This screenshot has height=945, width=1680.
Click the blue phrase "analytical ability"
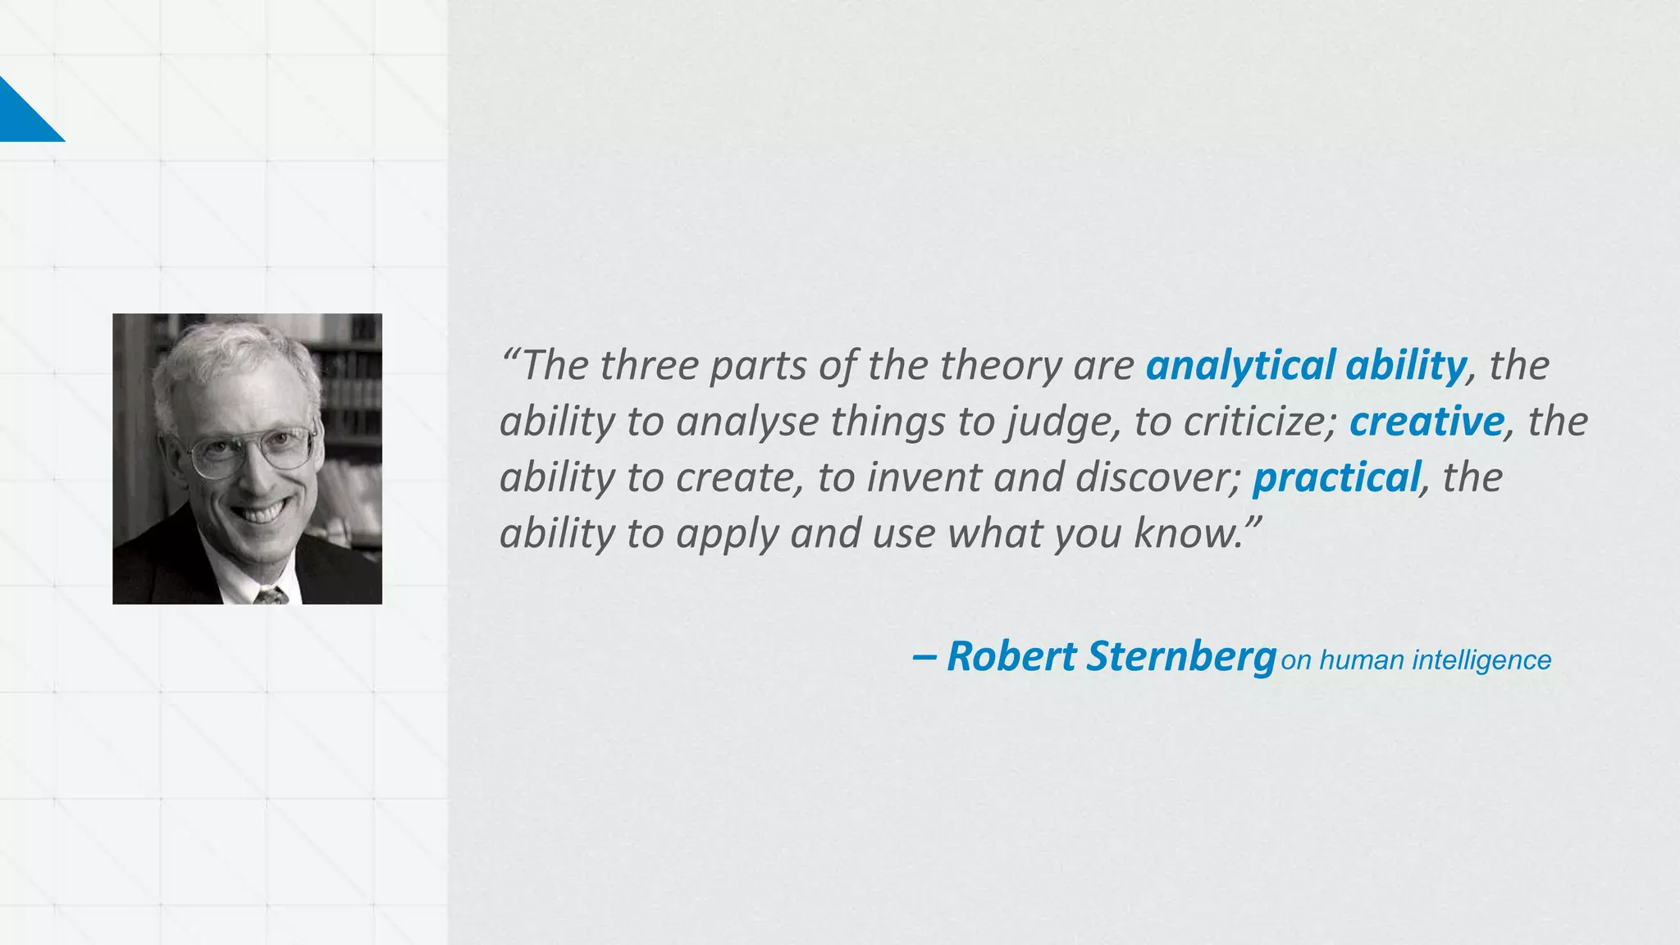(1306, 366)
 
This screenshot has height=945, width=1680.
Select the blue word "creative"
(1427, 422)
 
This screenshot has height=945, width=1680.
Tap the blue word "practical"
(1336, 477)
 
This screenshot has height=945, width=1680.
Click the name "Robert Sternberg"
(1111, 657)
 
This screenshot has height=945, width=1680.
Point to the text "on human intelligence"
(1416, 660)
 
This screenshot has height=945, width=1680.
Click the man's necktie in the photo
(270, 596)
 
